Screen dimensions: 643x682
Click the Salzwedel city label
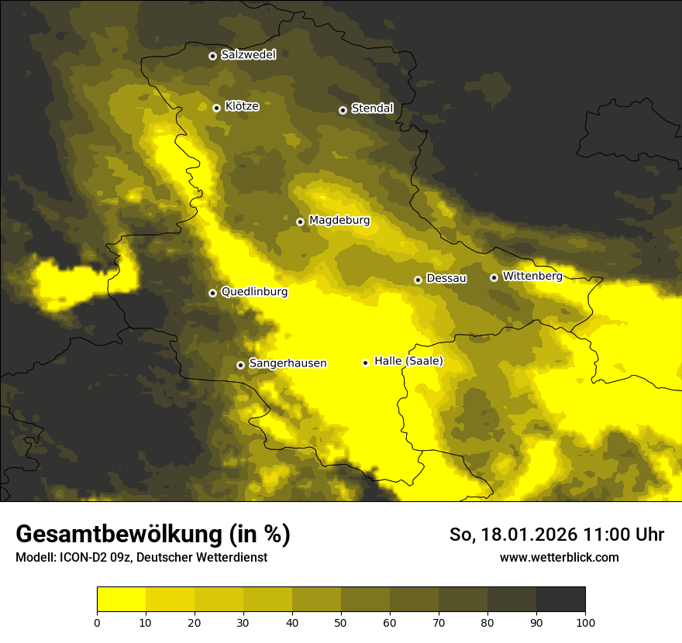click(248, 55)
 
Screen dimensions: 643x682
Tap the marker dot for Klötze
click(216, 108)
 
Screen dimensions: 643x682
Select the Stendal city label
click(372, 108)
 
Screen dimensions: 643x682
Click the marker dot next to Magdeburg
click(301, 222)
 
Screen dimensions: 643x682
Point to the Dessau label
click(446, 278)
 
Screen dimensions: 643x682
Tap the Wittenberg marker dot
click(494, 277)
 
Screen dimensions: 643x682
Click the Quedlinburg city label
click(254, 292)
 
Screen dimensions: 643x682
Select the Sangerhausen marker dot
click(240, 365)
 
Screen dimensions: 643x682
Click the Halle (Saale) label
click(408, 361)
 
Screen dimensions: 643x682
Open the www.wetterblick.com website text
click(559, 557)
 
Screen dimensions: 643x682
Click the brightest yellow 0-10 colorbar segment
click(121, 600)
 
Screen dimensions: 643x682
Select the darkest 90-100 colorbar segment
click(560, 600)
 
